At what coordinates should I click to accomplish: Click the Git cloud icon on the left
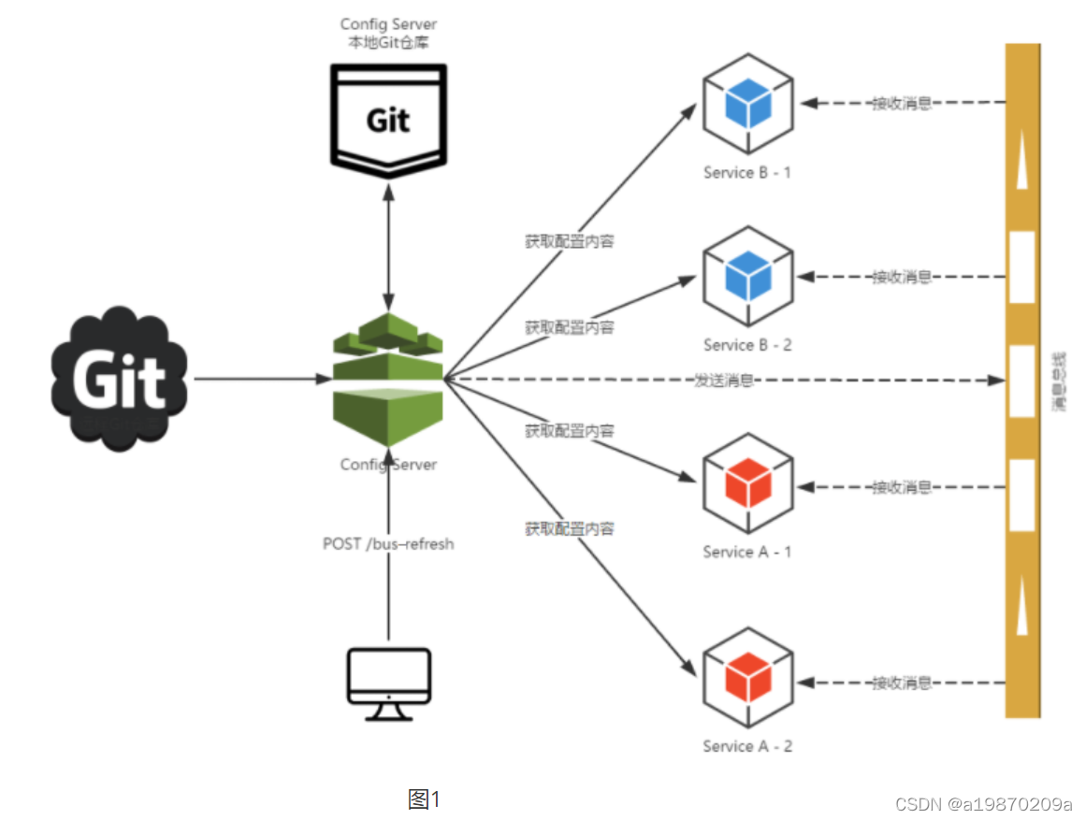[x=119, y=379]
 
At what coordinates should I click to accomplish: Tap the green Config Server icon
[x=388, y=379]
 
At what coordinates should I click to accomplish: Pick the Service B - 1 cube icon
[x=747, y=103]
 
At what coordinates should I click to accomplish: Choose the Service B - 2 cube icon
[x=747, y=276]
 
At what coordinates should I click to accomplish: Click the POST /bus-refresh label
[x=388, y=543]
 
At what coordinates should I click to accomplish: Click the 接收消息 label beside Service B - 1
[x=901, y=103]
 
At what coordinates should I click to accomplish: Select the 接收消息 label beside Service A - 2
[x=901, y=683]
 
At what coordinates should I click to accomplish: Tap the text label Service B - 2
[x=747, y=345]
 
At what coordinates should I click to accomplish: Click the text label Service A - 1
[x=747, y=552]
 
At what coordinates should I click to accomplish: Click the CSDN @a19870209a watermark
[x=983, y=804]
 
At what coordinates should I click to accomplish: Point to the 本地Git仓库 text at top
[x=388, y=44]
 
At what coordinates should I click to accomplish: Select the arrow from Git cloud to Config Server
[x=257, y=379]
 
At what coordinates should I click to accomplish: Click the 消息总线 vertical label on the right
[x=1059, y=381]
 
